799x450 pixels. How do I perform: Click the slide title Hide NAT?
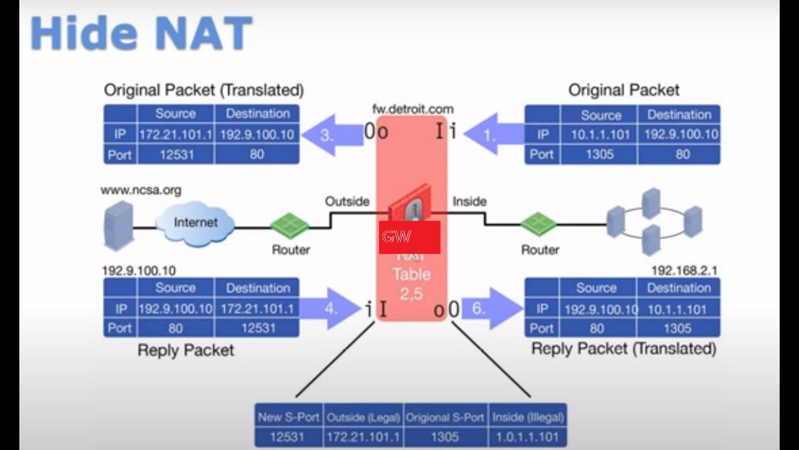click(141, 33)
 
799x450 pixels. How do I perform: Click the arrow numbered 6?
click(490, 308)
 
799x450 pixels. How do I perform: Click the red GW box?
click(409, 237)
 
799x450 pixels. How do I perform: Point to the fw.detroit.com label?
click(413, 109)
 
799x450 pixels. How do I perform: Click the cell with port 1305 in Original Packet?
click(599, 154)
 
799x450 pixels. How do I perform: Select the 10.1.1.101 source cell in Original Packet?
click(599, 134)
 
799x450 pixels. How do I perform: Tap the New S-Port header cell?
click(288, 417)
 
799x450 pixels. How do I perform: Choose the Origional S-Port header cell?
click(445, 417)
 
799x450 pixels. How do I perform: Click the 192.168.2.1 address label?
click(684, 271)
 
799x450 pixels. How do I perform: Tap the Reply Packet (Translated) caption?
click(624, 349)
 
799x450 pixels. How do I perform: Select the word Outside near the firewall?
click(347, 201)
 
